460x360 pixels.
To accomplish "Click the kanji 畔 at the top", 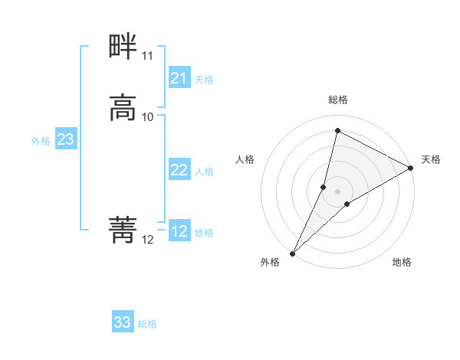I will click(x=123, y=47).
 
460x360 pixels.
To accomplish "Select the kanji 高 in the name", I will click(x=123, y=108).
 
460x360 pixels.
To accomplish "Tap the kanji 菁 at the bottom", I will click(x=123, y=229).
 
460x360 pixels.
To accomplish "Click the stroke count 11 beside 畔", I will click(x=147, y=56).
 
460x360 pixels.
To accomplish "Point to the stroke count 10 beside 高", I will click(x=148, y=116).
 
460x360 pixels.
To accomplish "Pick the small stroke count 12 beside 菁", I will click(x=147, y=239).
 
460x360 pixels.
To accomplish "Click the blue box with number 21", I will click(x=179, y=78).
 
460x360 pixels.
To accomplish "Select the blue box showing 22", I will click(x=179, y=170).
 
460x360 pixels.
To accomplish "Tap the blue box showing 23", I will click(x=65, y=139).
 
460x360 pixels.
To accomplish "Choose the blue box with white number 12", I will click(x=179, y=231).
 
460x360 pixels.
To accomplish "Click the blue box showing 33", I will click(x=123, y=322).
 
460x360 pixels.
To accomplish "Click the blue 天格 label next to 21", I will click(x=204, y=79).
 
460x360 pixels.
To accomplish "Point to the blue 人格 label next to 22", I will click(x=204, y=171).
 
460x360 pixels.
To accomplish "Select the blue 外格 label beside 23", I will click(x=41, y=140).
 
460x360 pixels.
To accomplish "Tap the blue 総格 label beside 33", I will click(x=147, y=323).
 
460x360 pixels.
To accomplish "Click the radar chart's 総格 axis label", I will click(x=337, y=100).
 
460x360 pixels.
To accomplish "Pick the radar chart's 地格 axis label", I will click(x=402, y=262).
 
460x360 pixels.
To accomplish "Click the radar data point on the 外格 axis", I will click(x=292, y=253).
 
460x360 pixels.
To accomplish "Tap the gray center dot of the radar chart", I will click(x=337, y=191).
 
